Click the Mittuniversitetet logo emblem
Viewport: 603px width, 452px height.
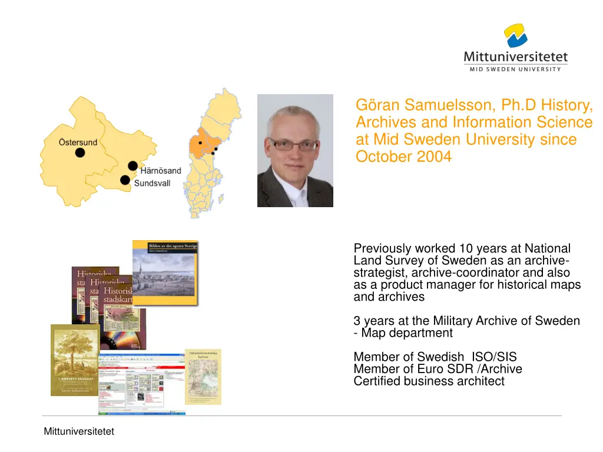click(x=515, y=36)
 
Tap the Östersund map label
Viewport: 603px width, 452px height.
click(x=78, y=142)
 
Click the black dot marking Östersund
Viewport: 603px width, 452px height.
click(x=79, y=153)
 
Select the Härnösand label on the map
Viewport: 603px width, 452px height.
click(x=161, y=171)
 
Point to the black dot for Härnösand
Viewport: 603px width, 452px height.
click(x=133, y=166)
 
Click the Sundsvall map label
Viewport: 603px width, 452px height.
click(x=153, y=184)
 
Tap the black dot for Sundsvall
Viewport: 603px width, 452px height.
click(x=125, y=180)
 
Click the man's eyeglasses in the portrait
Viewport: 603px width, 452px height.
click(x=293, y=144)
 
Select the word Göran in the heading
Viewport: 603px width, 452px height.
click(x=375, y=105)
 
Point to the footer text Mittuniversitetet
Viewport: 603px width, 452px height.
click(x=79, y=432)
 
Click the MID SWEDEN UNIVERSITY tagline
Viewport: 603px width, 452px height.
click(x=515, y=69)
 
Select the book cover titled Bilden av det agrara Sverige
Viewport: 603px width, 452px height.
click(x=165, y=272)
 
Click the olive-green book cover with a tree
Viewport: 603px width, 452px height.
click(x=75, y=359)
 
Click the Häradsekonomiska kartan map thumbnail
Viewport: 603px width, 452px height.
click(x=204, y=377)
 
